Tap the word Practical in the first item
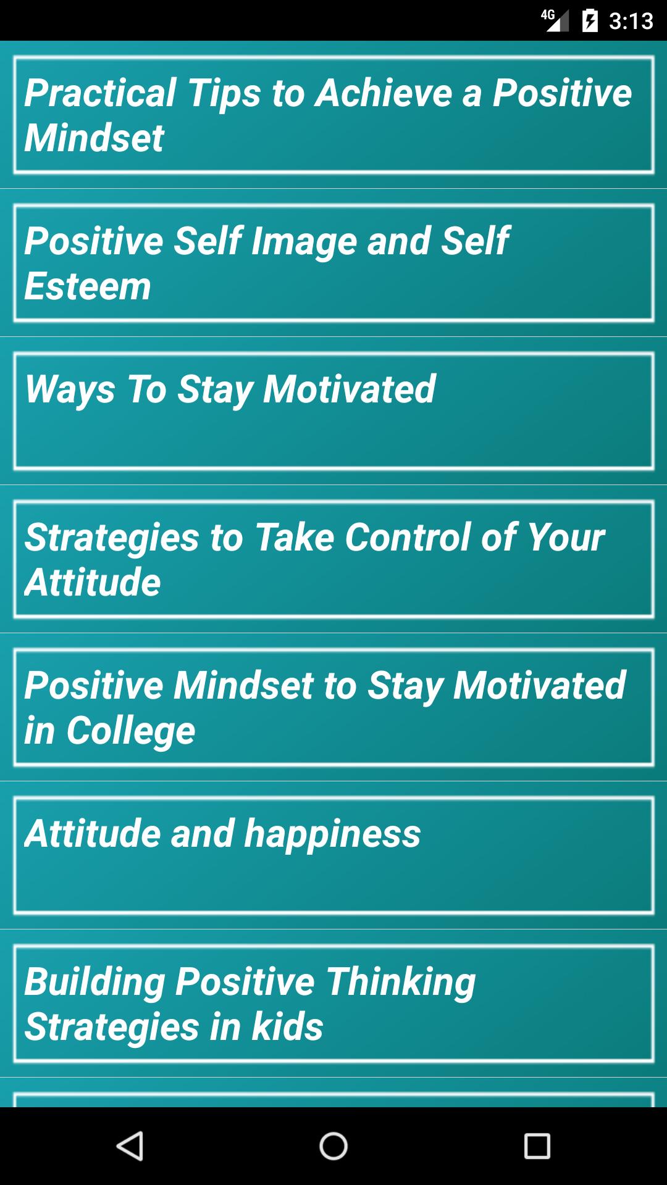101,93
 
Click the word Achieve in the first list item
384,93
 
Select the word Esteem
88,286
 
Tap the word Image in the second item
304,241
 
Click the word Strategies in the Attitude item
112,538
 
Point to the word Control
408,537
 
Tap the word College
131,731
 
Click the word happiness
332,834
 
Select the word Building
95,982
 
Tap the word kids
287,1027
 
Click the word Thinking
401,982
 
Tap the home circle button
333,1146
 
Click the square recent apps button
537,1146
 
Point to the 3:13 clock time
631,21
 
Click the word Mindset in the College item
244,685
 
